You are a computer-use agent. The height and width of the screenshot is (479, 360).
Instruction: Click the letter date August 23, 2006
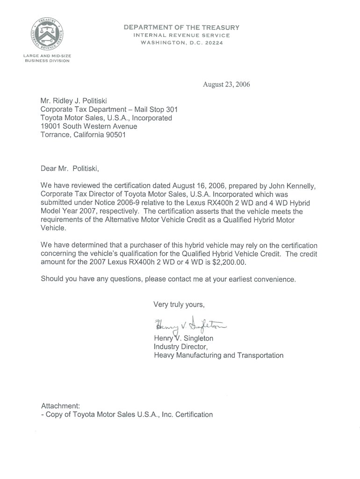[x=226, y=85]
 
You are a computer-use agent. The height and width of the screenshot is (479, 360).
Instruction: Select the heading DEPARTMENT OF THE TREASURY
[x=181, y=28]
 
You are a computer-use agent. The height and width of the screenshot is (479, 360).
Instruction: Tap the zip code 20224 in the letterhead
[x=213, y=43]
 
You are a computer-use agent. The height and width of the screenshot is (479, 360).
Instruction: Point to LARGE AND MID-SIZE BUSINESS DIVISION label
[x=47, y=58]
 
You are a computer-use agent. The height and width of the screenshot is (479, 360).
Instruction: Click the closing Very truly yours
[x=179, y=305]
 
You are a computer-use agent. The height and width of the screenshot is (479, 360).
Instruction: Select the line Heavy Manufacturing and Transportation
[x=218, y=356]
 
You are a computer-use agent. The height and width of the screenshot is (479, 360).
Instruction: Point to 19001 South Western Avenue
[x=89, y=126]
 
